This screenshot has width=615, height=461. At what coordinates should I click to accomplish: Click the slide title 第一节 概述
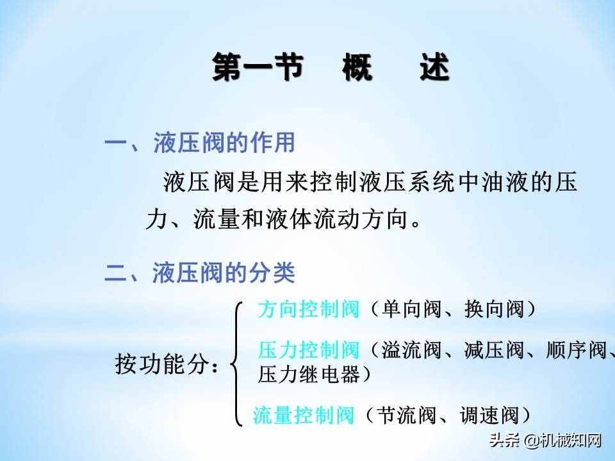coord(331,68)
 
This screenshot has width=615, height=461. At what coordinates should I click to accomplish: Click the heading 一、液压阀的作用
coord(200,143)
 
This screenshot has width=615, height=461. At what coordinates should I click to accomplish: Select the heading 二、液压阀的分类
coord(200,274)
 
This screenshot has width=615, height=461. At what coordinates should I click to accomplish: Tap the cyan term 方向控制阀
coord(308,310)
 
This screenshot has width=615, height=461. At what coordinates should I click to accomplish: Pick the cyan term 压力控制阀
coord(308,350)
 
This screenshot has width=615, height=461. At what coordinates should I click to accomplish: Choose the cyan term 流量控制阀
coord(304,416)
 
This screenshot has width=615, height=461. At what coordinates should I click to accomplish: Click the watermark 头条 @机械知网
coord(546,441)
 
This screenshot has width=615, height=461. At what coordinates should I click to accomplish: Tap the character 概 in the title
coord(357,68)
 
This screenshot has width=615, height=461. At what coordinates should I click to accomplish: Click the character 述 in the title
coord(434,68)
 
